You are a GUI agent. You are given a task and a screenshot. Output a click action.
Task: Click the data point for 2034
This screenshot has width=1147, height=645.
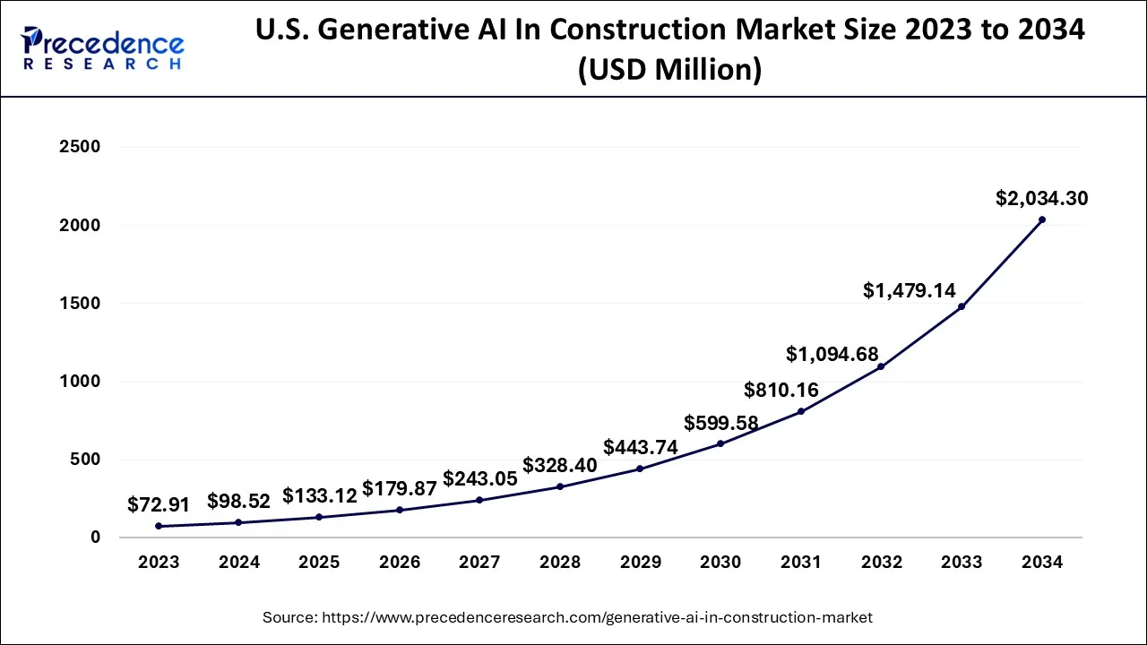pyautogui.click(x=1041, y=219)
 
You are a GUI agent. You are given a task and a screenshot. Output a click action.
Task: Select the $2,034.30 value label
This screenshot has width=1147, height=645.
pyautogui.click(x=1041, y=198)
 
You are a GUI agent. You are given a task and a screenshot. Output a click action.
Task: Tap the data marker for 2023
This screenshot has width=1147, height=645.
pyautogui.click(x=159, y=526)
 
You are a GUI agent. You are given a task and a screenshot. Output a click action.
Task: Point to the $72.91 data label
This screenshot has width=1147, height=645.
pyautogui.click(x=159, y=504)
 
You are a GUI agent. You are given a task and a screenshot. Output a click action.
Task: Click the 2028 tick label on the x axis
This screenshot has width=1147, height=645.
pyautogui.click(x=560, y=563)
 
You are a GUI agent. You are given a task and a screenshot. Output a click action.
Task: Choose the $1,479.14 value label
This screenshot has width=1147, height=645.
pyautogui.click(x=909, y=290)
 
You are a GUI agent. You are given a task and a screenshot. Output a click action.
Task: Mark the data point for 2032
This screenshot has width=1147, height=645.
pyautogui.click(x=881, y=366)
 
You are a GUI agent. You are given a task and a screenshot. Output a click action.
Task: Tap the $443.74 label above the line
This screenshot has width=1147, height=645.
pyautogui.click(x=641, y=446)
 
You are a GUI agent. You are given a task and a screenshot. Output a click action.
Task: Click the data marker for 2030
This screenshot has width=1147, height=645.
pyautogui.click(x=720, y=443)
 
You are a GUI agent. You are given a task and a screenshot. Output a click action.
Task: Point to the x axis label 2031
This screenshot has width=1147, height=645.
pyautogui.click(x=800, y=563)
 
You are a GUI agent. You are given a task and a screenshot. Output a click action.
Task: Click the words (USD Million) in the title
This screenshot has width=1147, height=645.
pyautogui.click(x=669, y=69)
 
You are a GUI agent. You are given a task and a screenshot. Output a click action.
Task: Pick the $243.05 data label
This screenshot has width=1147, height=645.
pyautogui.click(x=480, y=478)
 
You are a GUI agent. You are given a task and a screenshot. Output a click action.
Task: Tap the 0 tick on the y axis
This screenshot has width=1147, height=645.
pyautogui.click(x=94, y=537)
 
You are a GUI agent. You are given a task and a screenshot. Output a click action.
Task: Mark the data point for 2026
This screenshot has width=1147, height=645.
pyautogui.click(x=400, y=510)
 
